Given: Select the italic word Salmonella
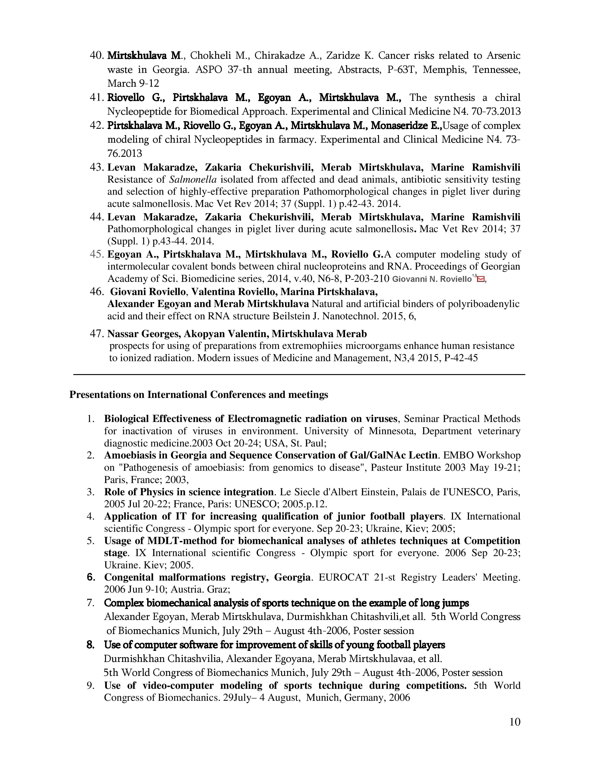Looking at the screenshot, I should (x=193, y=180).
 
